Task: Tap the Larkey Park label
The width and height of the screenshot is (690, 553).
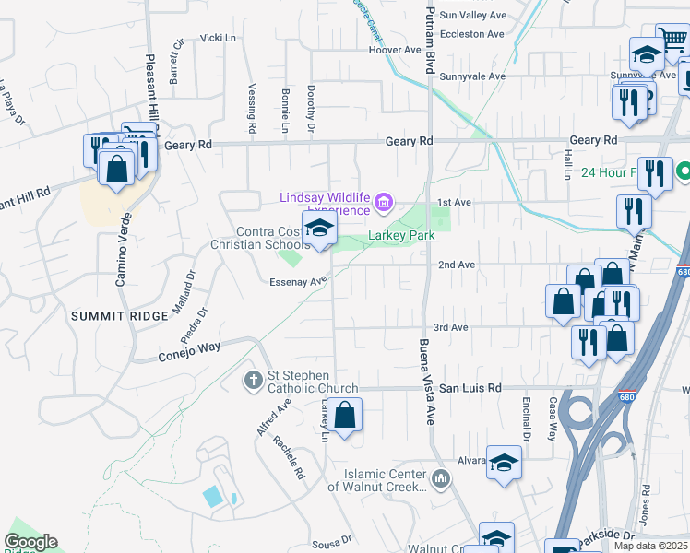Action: point(401,236)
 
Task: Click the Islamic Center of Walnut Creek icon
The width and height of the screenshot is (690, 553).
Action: point(441,478)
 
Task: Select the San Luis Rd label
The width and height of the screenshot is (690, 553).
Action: point(470,389)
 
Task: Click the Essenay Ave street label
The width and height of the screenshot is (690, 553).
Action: point(299,281)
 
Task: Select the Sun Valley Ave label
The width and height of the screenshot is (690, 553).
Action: point(473,16)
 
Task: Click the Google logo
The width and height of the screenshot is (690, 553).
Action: point(30,542)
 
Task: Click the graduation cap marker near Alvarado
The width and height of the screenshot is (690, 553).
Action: point(504,465)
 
